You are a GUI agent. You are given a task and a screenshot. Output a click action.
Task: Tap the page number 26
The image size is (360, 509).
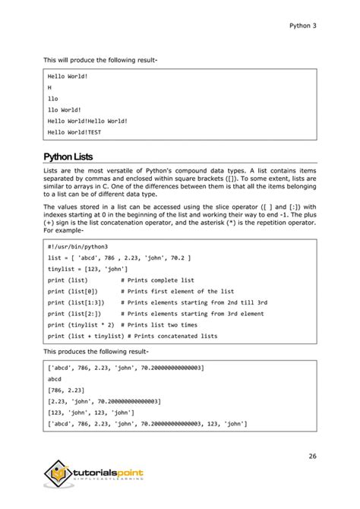pyautogui.click(x=312, y=456)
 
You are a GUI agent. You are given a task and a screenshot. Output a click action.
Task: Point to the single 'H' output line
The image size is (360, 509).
pyautogui.click(x=49, y=87)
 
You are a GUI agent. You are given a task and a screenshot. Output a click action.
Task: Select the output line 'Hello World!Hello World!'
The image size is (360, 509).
pyautogui.click(x=87, y=121)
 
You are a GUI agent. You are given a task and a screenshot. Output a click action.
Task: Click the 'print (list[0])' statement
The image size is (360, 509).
pyautogui.click(x=73, y=291)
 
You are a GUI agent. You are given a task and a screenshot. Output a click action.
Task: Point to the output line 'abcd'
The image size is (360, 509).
pyautogui.click(x=55, y=378)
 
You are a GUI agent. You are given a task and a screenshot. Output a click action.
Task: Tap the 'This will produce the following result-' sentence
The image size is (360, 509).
pyautogui.click(x=100, y=59)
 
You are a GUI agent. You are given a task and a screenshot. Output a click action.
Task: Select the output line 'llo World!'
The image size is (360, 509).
pyautogui.click(x=63, y=109)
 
